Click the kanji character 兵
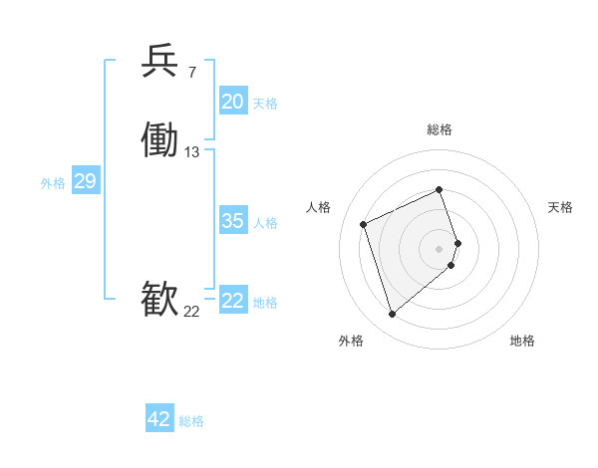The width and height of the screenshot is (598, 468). (160, 62)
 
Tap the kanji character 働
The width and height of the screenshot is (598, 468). (160, 140)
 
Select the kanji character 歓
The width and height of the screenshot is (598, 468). (160, 300)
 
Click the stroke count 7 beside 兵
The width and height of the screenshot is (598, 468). (192, 73)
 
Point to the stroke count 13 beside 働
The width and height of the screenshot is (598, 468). (192, 152)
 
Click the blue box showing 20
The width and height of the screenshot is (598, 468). (233, 102)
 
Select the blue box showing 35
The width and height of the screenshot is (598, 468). (233, 221)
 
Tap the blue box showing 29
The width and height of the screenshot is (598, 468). (85, 181)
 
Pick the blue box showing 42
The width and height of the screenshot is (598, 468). (159, 419)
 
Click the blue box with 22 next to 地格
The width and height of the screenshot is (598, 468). (233, 301)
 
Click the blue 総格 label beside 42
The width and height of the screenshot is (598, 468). (191, 421)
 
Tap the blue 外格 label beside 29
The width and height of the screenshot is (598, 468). (53, 183)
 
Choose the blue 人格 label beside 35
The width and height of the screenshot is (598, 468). (266, 223)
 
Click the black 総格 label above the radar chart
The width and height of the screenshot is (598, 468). (440, 130)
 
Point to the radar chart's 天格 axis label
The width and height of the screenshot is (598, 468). (561, 207)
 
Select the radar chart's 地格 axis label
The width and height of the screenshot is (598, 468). (522, 342)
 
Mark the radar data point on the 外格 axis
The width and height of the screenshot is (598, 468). (392, 315)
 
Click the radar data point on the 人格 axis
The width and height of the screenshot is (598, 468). (364, 223)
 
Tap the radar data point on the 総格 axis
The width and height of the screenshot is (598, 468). (440, 189)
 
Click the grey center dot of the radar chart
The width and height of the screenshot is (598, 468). (440, 248)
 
